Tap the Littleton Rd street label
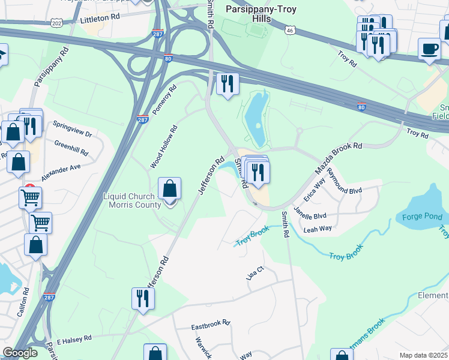click(97, 20)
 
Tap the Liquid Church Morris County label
click(133, 200)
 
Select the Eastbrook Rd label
click(211, 325)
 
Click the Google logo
click(20, 353)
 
